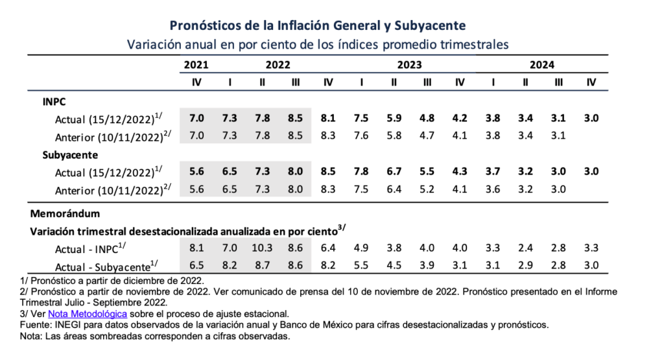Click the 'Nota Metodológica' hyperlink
point(88,314)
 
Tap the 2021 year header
point(196,65)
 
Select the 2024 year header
point(541,65)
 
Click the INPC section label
point(54,102)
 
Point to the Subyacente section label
point(70,155)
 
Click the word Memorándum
point(65,213)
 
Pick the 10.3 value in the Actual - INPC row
point(262,248)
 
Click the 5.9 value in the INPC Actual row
point(394,118)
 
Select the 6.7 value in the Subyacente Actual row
point(394,171)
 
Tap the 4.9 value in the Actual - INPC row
point(361,248)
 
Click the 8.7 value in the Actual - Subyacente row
point(262,265)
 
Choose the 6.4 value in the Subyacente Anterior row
point(394,189)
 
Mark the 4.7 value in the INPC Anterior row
point(427,136)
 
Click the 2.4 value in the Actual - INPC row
point(525,248)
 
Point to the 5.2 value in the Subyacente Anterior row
point(427,189)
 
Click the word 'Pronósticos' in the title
point(206,25)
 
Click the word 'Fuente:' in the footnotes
point(36,325)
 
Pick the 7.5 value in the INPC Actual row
point(361,118)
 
